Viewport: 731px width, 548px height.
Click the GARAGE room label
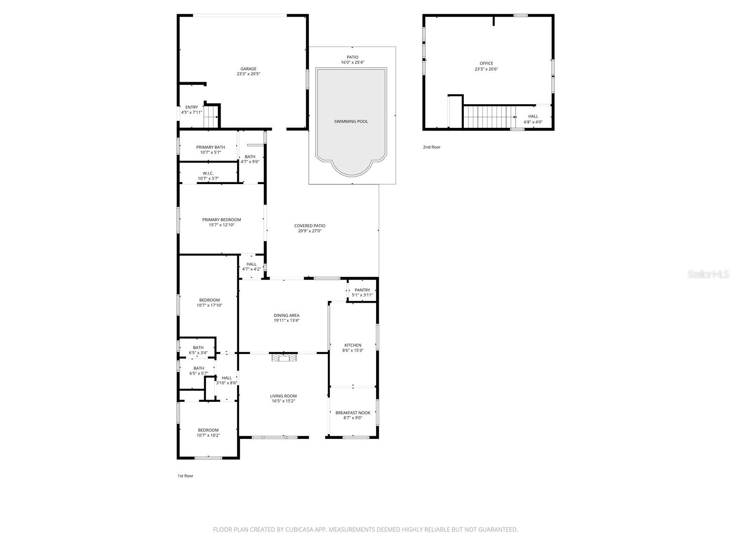[249, 69]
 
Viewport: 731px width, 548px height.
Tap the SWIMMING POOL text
[351, 121]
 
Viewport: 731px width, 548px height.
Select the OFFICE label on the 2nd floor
[486, 63]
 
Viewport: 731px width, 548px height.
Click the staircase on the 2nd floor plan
[489, 117]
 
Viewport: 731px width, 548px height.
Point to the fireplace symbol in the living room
[284, 358]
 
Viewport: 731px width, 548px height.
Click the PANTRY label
[362, 290]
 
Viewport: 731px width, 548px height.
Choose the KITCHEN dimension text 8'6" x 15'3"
[353, 351]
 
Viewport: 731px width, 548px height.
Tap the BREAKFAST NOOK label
[353, 413]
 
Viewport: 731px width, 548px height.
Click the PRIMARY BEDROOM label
[222, 220]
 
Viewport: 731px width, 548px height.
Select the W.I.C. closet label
[208, 173]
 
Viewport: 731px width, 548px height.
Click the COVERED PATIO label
[310, 226]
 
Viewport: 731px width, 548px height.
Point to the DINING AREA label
[286, 315]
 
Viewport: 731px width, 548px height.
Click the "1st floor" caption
[185, 476]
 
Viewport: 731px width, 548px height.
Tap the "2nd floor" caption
[431, 147]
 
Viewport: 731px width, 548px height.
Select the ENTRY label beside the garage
[191, 107]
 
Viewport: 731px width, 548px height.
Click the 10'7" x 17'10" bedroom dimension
[209, 306]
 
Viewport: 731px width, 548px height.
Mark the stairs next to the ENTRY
[211, 116]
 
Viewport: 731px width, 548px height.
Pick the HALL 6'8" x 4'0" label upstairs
[533, 116]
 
